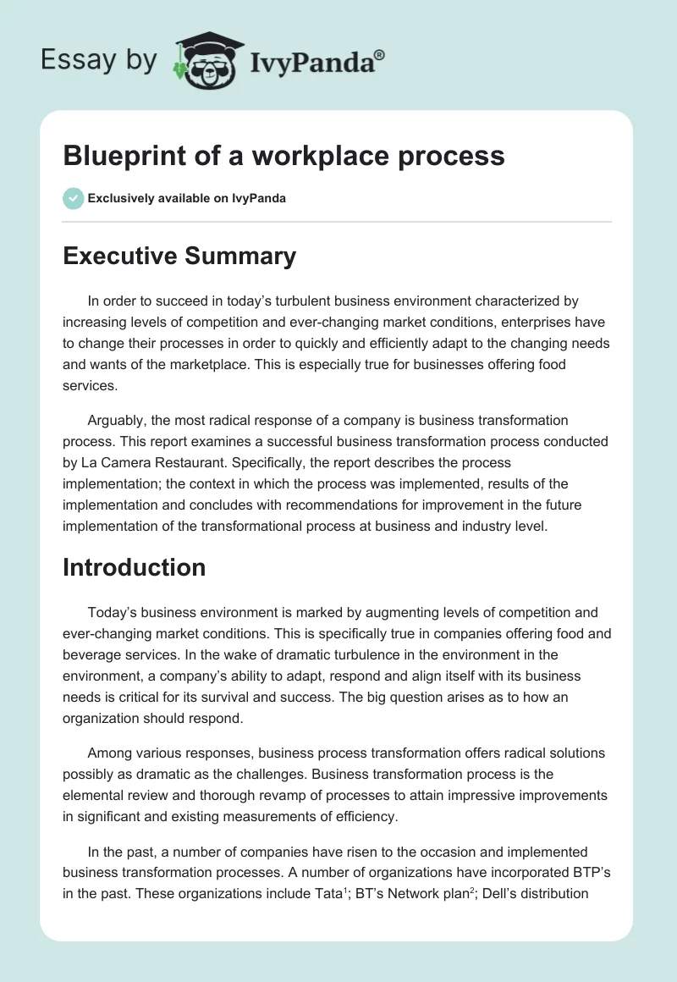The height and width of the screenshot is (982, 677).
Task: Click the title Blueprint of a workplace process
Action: (283, 156)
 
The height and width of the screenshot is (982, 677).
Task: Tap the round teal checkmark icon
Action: (73, 198)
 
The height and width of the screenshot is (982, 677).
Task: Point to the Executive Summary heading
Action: (179, 256)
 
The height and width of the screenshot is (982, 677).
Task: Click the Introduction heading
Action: (134, 566)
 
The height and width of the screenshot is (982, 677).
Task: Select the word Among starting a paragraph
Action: (110, 752)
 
